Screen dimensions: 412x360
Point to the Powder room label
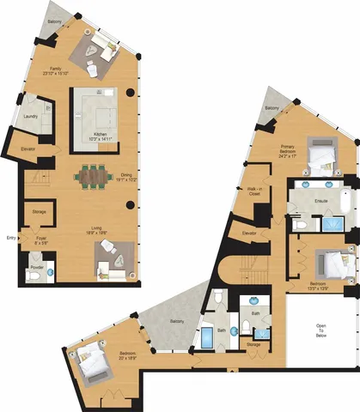point(36,266)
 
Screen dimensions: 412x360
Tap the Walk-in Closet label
point(255,192)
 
